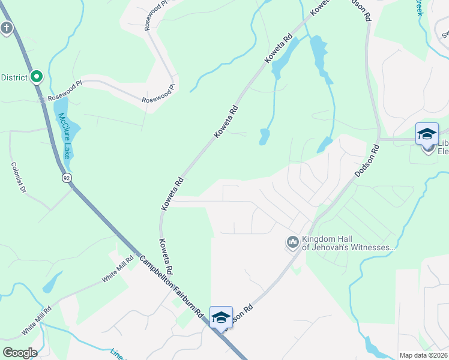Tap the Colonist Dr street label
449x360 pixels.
tap(19, 178)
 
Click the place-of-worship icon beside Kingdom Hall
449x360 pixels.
tap(293, 242)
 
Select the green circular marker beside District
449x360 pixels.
tap(37, 77)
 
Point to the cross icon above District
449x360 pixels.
tap(7, 28)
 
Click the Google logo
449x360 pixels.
tap(20, 353)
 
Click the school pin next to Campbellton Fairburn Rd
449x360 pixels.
tap(221, 317)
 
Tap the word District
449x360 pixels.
tap(14, 77)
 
